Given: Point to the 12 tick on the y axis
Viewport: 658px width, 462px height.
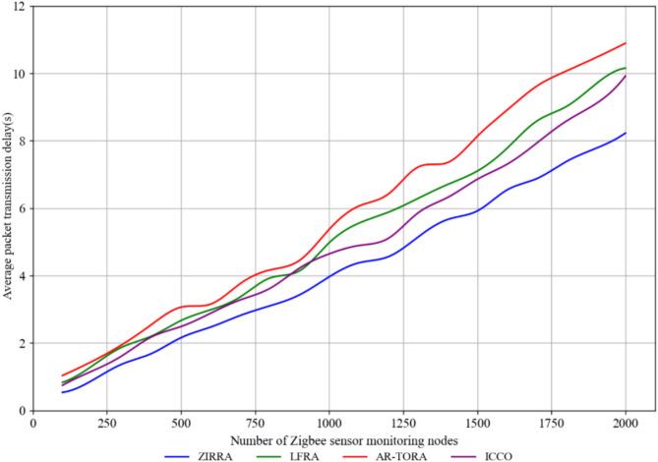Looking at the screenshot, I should pos(21,7).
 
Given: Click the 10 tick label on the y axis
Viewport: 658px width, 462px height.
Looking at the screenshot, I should pos(21,74).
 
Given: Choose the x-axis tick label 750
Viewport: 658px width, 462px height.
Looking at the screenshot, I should pos(255,423).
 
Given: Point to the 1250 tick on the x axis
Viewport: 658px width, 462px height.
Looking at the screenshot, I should pos(403,423).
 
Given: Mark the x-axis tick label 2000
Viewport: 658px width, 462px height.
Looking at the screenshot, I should pos(626,423).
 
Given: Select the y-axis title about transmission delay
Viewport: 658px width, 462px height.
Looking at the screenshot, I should pos(8,208).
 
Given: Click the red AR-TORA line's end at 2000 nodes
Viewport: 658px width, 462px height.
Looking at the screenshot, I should pos(626,43).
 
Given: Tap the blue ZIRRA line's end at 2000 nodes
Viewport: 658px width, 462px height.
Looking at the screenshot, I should pos(626,134).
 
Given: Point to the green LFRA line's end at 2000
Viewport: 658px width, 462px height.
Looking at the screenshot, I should pos(626,68).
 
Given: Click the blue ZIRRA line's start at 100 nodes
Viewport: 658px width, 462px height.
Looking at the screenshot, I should pos(62,392).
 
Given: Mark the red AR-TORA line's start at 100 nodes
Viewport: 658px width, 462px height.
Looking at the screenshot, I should pos(62,375).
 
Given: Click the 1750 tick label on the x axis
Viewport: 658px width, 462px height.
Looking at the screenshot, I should pos(552,423).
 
